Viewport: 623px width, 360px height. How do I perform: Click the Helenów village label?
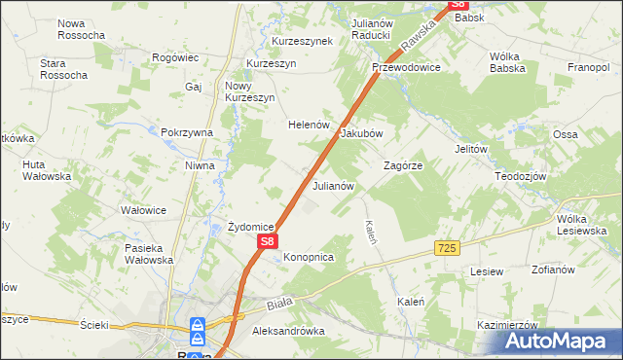(x=310, y=125)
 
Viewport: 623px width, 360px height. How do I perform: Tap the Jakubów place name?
(x=361, y=133)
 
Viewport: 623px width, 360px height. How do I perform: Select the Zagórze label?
(x=402, y=165)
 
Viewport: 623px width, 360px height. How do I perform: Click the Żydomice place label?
(x=250, y=226)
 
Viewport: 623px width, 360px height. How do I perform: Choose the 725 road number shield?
(x=447, y=249)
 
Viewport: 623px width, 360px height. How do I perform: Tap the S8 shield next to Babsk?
(x=459, y=4)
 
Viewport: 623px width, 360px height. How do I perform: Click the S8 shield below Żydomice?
(x=269, y=240)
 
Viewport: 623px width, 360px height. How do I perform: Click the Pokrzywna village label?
(x=187, y=132)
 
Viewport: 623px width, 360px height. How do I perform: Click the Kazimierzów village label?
(x=507, y=324)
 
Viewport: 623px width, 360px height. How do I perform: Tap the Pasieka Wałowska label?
(x=149, y=254)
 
